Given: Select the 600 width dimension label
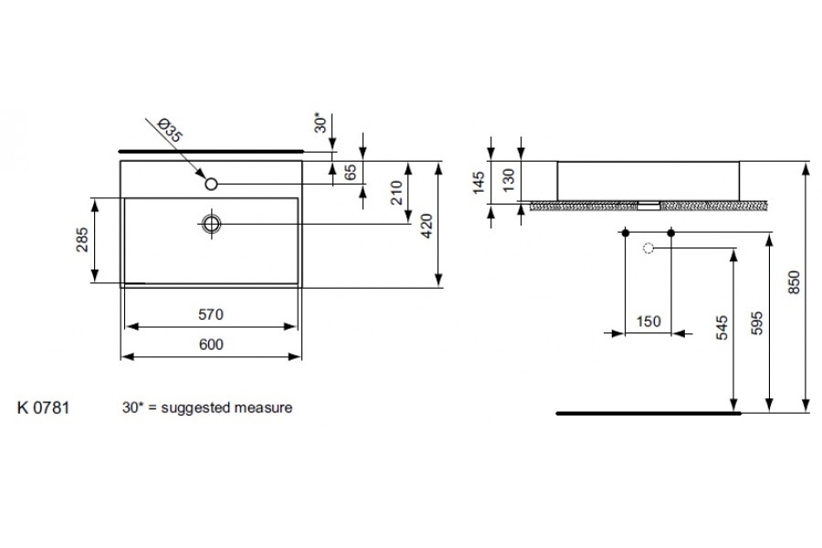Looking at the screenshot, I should [211, 344].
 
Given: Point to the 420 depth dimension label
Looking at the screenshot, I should [426, 224].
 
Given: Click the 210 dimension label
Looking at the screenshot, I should [395, 194].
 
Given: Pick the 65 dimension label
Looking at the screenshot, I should [351, 172].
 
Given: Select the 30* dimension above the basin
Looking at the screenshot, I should [319, 122].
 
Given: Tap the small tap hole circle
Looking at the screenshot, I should [211, 184].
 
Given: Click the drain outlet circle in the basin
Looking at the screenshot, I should [212, 223].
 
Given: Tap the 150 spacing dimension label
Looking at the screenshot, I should [648, 321].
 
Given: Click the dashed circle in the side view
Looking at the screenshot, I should [648, 248].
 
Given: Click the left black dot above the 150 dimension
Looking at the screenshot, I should [626, 234].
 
